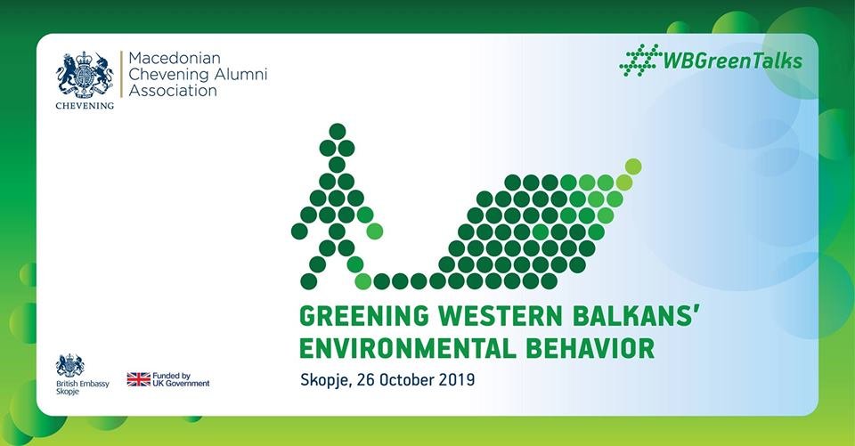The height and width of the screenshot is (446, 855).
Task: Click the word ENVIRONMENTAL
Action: click(x=408, y=349)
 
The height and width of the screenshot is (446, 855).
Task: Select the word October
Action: click(x=408, y=379)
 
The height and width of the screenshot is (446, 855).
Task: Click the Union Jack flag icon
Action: click(x=139, y=379)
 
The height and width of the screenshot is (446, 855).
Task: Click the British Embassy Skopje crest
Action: click(x=69, y=365)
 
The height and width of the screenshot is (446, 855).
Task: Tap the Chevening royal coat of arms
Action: click(x=85, y=74)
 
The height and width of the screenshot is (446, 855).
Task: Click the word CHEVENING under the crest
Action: click(x=85, y=106)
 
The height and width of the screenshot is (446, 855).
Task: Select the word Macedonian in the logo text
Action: click(x=175, y=58)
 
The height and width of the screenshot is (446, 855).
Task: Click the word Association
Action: click(x=173, y=91)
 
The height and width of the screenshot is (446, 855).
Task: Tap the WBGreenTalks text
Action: click(x=732, y=61)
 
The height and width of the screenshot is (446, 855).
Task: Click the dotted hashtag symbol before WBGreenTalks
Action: click(x=640, y=60)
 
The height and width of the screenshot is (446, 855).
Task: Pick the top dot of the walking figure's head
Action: click(x=337, y=132)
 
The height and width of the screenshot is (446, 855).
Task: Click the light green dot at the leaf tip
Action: click(x=633, y=166)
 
